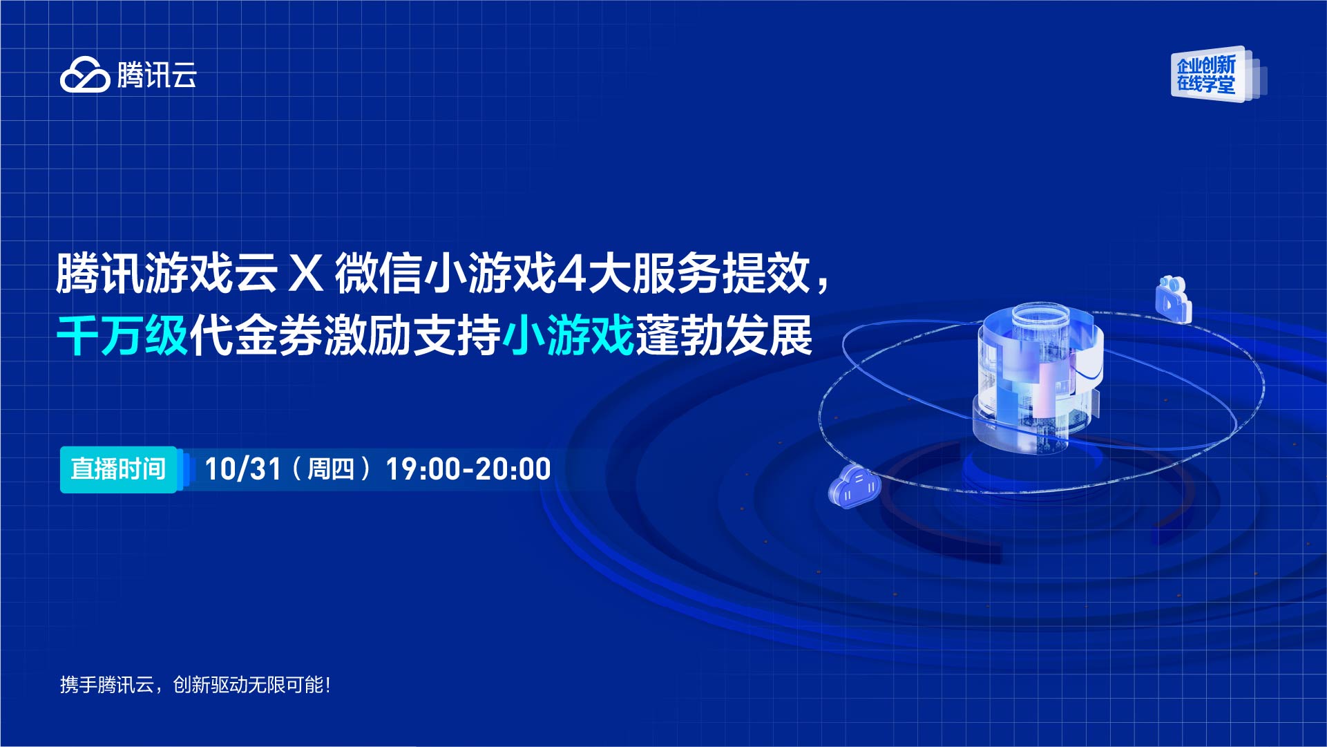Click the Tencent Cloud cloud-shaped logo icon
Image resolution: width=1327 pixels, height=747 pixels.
tap(85, 75)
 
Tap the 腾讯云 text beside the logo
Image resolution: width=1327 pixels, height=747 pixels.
tap(157, 75)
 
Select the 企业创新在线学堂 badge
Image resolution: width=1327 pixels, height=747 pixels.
tap(1218, 75)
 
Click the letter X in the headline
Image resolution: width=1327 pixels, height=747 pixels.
tap(306, 274)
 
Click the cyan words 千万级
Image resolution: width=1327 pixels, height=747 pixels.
tap(122, 336)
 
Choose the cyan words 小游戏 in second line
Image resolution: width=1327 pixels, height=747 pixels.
tap(569, 336)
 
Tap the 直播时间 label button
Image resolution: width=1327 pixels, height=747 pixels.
tap(118, 469)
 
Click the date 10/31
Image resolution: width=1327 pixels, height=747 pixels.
tap(243, 469)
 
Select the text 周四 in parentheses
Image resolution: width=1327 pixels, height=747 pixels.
tap(330, 469)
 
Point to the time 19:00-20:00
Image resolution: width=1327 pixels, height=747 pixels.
tap(468, 469)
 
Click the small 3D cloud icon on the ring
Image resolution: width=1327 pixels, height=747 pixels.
tap(855, 486)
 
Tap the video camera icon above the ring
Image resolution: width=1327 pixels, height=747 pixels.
tap(1174, 299)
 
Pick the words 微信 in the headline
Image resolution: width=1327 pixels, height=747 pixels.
tap(379, 274)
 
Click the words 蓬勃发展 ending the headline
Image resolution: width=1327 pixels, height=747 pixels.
tap(724, 336)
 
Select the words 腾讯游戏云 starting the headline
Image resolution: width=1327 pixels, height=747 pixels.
tap(166, 274)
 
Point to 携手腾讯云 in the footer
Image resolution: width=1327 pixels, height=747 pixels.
tap(106, 685)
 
